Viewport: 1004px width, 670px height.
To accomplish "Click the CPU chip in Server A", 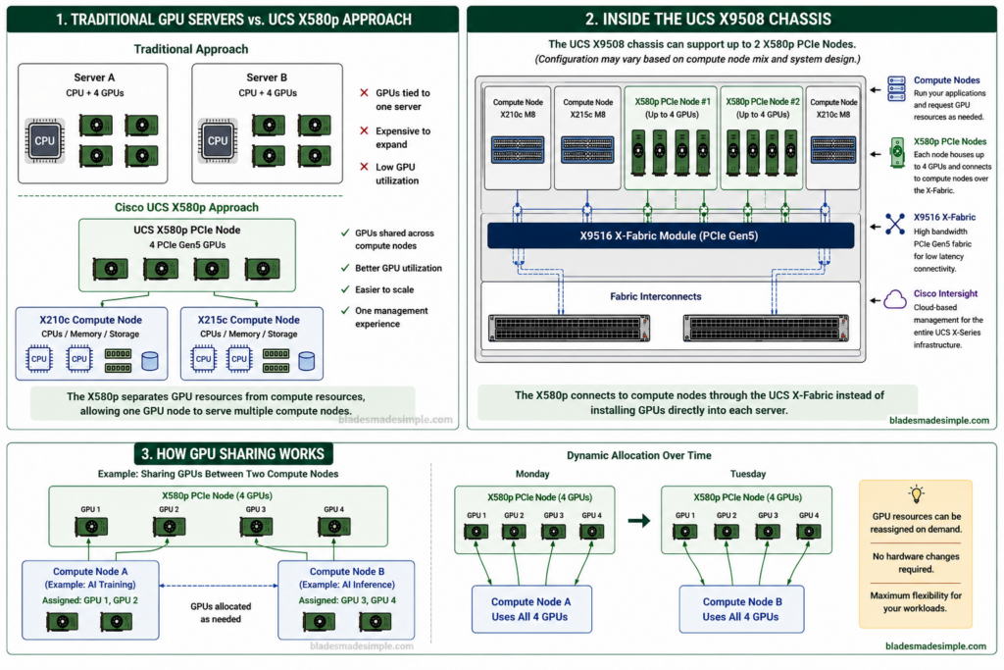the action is pyautogui.click(x=45, y=140).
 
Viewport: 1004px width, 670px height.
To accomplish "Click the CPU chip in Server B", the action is pyautogui.click(x=218, y=140).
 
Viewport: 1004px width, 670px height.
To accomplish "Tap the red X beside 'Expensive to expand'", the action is pyautogui.click(x=364, y=130).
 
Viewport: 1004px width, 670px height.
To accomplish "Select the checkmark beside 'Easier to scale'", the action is pyautogui.click(x=345, y=288).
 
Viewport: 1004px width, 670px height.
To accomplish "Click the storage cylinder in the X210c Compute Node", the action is pyautogui.click(x=150, y=361).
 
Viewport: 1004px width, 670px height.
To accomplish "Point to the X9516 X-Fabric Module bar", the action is pyautogui.click(x=671, y=235).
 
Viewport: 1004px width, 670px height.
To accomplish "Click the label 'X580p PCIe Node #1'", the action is pyautogui.click(x=673, y=102).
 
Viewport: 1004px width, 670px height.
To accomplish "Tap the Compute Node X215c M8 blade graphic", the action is pyautogui.click(x=587, y=150).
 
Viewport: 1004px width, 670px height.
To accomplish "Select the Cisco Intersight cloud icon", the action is pyautogui.click(x=895, y=299).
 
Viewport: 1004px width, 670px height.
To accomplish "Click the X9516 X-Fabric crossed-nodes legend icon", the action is pyautogui.click(x=895, y=224).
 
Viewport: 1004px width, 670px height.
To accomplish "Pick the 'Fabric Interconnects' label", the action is pyautogui.click(x=656, y=296).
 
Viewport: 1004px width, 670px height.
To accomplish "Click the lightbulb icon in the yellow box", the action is pyautogui.click(x=917, y=493).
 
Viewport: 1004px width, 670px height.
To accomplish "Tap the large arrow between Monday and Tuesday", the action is pyautogui.click(x=638, y=521).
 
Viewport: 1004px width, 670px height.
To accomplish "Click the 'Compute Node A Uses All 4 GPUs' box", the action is pyautogui.click(x=531, y=609).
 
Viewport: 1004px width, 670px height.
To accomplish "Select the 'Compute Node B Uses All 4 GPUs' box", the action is pyautogui.click(x=741, y=609).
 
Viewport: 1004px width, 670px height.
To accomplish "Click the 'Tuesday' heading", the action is pyautogui.click(x=748, y=474).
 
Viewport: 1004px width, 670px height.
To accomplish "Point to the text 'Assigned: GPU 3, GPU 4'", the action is pyautogui.click(x=347, y=600).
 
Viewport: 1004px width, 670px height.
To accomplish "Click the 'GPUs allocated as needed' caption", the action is pyautogui.click(x=221, y=612).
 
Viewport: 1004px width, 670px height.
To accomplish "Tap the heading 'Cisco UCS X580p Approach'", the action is pyautogui.click(x=187, y=208).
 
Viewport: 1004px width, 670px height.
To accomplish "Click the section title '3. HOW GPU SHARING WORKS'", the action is pyautogui.click(x=233, y=454).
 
